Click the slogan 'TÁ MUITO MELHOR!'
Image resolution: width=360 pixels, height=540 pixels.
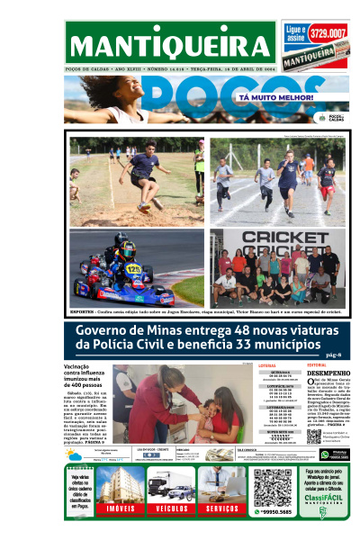coord(269,95)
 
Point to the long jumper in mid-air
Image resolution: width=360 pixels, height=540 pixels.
coord(142,170)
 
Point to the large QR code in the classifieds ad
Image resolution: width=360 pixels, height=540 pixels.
coord(273,487)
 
